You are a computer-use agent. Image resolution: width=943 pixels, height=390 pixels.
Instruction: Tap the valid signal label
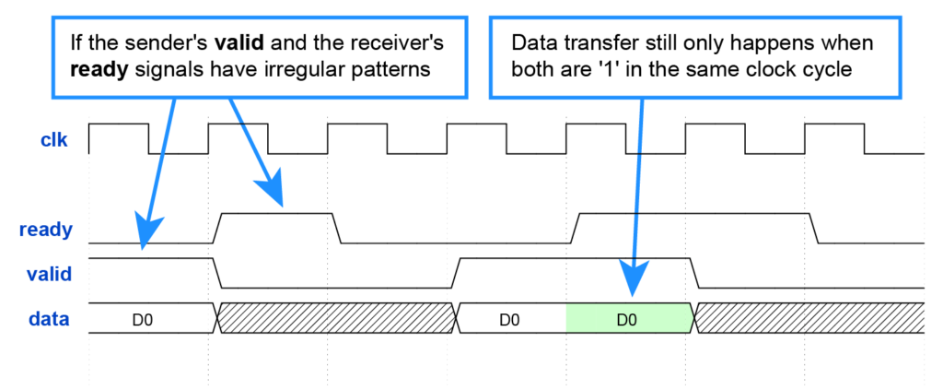[49, 274]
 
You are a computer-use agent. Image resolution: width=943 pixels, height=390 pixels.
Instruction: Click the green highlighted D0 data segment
[627, 319]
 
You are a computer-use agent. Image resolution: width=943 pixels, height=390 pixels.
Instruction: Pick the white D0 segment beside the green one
[509, 319]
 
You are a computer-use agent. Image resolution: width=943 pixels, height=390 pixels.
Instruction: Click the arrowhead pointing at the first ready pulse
[274, 190]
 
